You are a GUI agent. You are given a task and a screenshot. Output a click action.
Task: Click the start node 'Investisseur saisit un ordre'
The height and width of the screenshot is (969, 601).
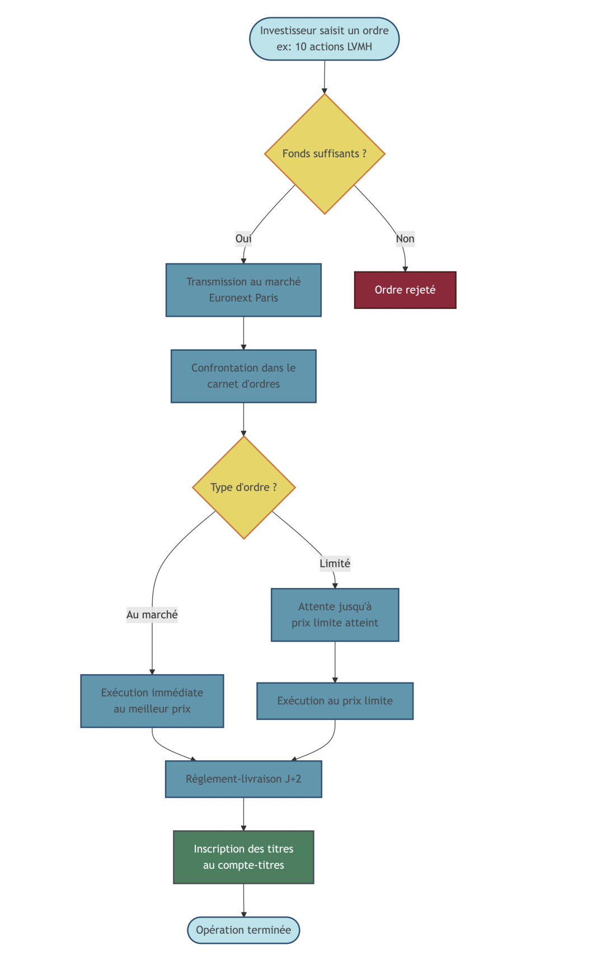click(324, 39)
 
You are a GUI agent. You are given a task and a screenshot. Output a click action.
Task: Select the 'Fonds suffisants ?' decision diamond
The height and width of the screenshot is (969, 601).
click(325, 153)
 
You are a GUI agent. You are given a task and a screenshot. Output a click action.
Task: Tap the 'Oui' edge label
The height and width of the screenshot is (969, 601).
click(243, 239)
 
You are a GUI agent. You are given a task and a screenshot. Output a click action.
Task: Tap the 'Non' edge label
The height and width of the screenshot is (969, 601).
click(405, 239)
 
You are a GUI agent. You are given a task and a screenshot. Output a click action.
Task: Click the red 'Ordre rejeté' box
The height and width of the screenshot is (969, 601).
click(405, 290)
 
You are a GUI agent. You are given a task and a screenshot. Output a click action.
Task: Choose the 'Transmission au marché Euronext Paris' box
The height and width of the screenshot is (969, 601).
click(243, 290)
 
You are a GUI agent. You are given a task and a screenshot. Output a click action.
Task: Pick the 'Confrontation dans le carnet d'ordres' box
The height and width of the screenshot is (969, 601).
click(243, 376)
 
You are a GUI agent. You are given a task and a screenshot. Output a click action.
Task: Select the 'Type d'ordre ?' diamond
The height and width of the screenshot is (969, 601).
click(243, 487)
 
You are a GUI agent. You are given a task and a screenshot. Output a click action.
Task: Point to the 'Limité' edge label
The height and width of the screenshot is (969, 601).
click(335, 563)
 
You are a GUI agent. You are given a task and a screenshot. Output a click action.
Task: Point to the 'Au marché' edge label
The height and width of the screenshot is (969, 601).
click(152, 615)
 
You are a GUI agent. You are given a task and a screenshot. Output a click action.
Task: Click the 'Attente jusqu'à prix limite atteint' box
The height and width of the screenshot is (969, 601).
click(335, 615)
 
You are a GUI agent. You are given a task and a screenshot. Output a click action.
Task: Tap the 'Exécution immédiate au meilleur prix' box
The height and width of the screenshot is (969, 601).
click(152, 701)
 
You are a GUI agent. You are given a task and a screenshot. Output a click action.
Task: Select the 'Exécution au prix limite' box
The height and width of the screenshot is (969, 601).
click(335, 701)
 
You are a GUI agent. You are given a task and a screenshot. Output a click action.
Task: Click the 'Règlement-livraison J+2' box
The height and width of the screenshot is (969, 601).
click(243, 779)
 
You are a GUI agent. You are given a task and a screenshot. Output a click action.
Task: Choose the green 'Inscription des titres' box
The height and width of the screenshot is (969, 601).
click(243, 857)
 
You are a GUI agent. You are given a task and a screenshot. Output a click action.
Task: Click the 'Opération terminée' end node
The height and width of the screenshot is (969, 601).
click(243, 930)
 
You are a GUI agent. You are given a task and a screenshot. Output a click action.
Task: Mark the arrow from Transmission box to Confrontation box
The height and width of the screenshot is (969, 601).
click(243, 333)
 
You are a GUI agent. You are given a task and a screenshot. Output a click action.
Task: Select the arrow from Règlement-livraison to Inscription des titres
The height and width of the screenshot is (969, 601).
click(243, 814)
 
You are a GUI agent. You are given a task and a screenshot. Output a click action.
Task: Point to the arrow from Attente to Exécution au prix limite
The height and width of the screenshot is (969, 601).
click(335, 662)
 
